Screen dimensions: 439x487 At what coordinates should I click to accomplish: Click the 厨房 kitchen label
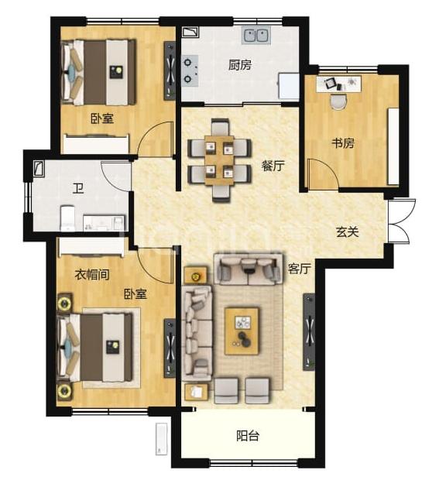point(240,65)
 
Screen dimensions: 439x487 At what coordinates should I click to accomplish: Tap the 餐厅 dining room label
point(273,166)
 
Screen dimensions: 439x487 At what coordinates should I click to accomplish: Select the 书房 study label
point(343,143)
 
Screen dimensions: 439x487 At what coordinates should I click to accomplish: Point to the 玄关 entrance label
point(348,231)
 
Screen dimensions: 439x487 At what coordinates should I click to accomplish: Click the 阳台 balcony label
point(248,436)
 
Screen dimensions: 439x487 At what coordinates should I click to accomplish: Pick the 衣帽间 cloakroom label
point(92,275)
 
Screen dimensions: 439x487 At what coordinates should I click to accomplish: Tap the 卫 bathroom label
point(78,188)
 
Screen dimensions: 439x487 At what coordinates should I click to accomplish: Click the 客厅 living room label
point(299,269)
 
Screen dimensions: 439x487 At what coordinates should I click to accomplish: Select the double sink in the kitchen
point(256,35)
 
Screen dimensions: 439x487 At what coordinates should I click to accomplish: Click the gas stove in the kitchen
point(190,70)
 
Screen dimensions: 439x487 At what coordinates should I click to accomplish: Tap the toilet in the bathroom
point(67,218)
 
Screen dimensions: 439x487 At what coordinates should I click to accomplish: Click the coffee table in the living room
point(242,331)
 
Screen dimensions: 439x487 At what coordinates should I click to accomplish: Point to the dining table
point(219,160)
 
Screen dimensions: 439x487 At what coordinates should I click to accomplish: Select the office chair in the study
point(338,101)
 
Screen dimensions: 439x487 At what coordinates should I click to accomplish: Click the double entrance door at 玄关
point(400,221)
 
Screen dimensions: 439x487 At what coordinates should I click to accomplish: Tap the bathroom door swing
point(115,176)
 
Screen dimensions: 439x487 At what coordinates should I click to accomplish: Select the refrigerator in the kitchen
point(289,86)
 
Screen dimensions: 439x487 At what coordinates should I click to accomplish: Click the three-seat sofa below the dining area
point(248,269)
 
